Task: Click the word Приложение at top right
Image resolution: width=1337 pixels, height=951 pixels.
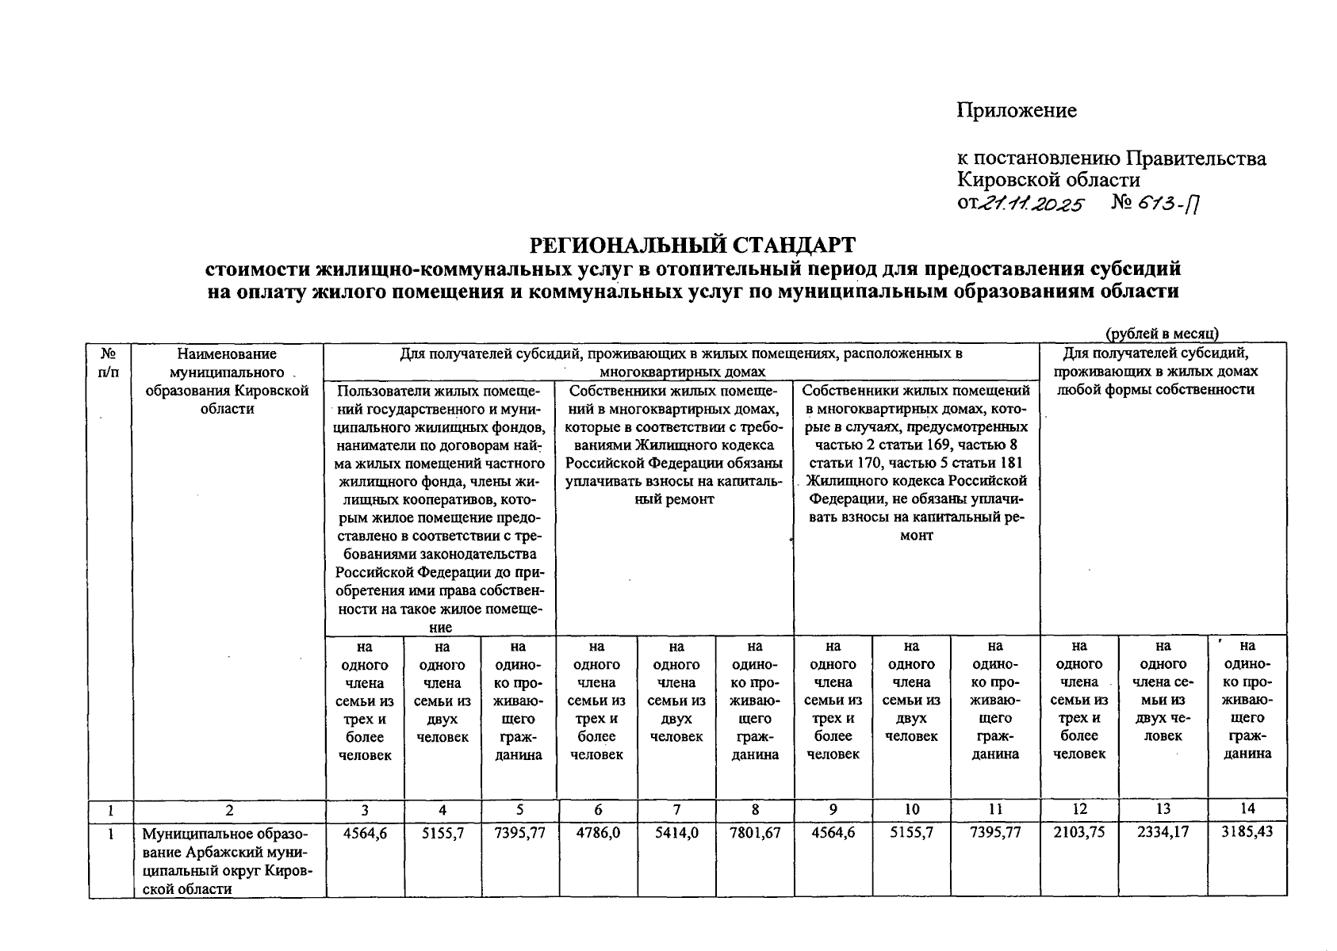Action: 1017,110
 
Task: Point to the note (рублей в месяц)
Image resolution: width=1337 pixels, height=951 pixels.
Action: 1162,334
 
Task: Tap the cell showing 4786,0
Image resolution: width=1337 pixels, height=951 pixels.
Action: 597,833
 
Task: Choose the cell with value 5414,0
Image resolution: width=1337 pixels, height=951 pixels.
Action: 676,833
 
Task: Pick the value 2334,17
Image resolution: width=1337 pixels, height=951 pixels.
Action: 1163,833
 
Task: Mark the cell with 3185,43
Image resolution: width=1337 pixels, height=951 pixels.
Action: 1247,833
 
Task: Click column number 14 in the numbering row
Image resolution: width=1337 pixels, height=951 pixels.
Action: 1247,809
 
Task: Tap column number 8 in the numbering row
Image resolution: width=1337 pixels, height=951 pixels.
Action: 754,809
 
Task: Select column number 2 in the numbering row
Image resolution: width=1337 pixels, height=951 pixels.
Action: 229,810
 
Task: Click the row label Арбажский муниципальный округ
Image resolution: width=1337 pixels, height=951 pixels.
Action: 228,861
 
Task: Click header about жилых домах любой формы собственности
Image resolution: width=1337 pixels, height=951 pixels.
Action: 1163,371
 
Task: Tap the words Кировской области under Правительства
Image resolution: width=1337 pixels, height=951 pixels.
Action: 1048,180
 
